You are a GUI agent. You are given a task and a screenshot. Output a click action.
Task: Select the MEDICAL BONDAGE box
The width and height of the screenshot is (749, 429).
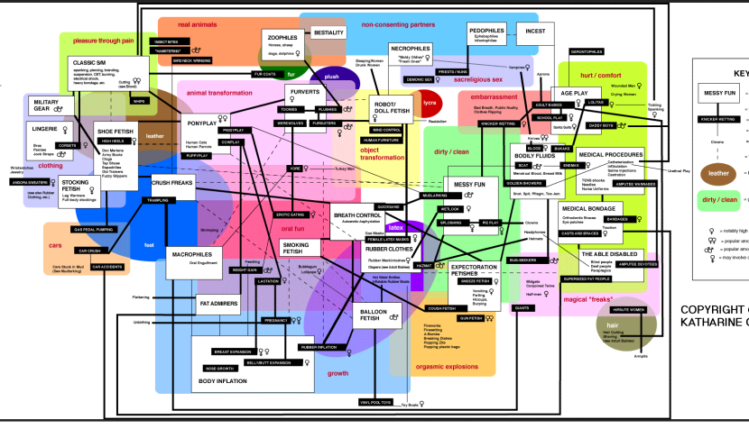587,209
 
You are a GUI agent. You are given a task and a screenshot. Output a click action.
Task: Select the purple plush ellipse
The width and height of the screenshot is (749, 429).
331,78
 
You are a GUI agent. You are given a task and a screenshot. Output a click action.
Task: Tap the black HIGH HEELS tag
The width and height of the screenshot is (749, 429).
112,141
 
